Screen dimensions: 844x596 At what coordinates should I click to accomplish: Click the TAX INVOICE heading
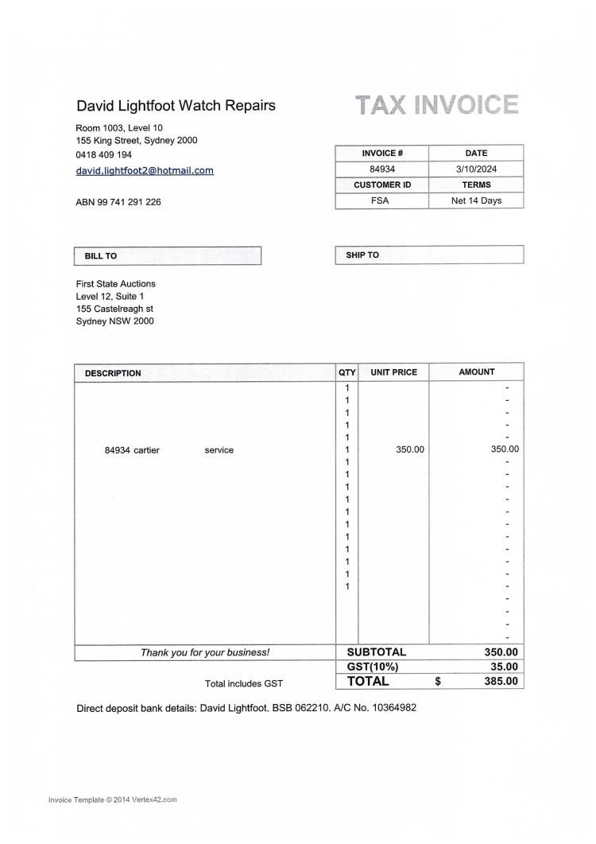point(436,105)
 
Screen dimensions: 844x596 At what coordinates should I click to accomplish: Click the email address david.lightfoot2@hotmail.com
point(145,170)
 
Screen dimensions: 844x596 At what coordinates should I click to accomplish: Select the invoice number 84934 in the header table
point(382,169)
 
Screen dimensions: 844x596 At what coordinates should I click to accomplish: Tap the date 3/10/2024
point(476,169)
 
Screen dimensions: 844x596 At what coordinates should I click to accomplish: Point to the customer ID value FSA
point(381,200)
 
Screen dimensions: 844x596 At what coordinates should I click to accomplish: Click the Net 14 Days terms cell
point(476,200)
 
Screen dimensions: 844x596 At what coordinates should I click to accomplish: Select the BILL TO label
point(101,256)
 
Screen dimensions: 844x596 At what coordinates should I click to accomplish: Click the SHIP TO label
point(362,255)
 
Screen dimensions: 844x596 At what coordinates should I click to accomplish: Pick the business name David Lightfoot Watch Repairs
point(176,106)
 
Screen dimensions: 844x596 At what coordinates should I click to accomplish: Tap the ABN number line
point(118,202)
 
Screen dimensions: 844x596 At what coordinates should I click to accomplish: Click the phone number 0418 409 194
point(104,155)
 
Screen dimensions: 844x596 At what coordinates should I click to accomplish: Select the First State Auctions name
point(116,284)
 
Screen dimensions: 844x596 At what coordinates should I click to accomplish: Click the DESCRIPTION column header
point(113,373)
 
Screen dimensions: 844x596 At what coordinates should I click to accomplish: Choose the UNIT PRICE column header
point(393,372)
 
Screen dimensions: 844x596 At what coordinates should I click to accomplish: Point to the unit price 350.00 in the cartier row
point(410,450)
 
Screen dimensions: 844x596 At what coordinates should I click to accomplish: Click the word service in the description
point(219,450)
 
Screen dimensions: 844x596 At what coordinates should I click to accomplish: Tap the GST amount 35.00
point(501,667)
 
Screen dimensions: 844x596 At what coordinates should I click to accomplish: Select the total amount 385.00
point(501,682)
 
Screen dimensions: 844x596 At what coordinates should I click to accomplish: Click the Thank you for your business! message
point(205,653)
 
